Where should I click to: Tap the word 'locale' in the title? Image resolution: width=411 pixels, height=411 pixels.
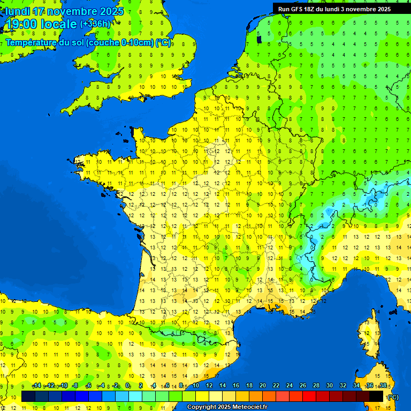click(x=59, y=24)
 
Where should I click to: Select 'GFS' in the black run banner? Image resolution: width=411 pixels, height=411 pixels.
click(x=298, y=9)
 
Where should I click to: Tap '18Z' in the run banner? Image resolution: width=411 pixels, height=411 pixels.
click(x=313, y=9)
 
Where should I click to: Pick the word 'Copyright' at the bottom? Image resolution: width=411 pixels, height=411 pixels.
click(x=202, y=407)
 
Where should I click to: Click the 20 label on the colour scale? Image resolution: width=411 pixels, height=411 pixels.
click(x=263, y=386)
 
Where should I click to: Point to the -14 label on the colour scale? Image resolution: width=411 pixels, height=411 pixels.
click(x=36, y=386)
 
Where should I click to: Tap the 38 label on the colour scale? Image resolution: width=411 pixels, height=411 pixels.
click(x=383, y=386)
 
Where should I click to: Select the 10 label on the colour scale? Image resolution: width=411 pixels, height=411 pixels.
click(x=196, y=386)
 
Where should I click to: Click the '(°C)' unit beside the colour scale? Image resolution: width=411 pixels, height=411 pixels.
click(x=393, y=397)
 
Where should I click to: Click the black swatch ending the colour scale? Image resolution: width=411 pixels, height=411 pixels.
click(x=376, y=397)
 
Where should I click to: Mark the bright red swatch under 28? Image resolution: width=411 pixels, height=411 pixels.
click(x=309, y=397)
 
